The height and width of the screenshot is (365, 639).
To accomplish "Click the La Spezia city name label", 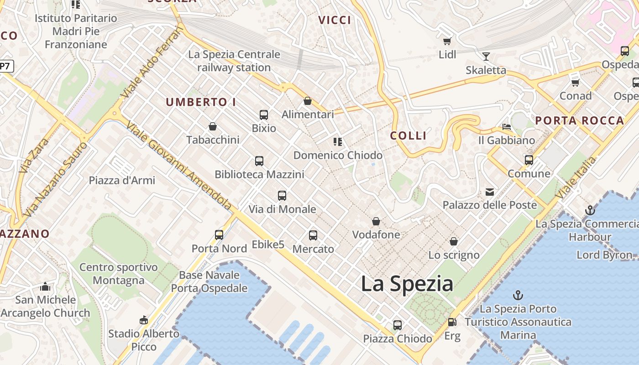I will click(407, 284).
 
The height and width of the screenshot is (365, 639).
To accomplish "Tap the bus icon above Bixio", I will click(264, 115).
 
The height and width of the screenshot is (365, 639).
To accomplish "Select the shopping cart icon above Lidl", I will click(447, 42).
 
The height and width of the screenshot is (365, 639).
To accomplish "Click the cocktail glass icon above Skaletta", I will click(486, 57).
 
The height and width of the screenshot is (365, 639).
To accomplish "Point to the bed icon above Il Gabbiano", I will click(507, 126).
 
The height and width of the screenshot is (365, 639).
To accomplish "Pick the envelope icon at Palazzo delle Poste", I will click(490, 192).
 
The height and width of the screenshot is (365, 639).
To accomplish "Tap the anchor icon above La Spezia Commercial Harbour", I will click(590, 210).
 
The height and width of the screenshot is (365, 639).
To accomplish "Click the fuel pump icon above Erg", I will click(452, 322).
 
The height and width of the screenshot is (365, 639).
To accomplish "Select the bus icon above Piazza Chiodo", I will click(398, 325).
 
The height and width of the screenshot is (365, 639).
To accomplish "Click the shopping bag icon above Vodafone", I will click(376, 222).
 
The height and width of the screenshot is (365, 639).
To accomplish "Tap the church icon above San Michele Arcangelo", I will click(45, 287).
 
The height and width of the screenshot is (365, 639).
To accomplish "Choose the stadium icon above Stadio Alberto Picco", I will click(144, 320).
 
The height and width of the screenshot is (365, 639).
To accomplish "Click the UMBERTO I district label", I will click(201, 102).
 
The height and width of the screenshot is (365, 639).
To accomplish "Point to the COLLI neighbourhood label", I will click(409, 136).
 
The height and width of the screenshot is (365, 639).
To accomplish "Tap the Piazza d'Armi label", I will click(122, 180).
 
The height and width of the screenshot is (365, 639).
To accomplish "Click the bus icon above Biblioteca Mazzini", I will click(259, 161).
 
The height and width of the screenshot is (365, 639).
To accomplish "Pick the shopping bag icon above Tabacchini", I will click(212, 126).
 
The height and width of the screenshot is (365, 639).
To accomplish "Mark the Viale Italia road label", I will click(576, 178).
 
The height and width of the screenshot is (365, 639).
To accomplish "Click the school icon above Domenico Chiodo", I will click(338, 142).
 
